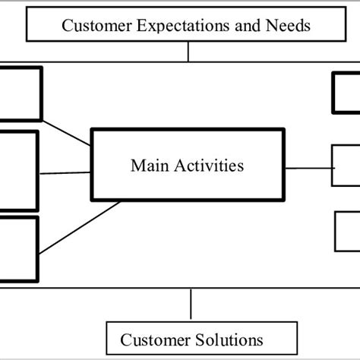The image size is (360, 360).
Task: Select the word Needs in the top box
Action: click(289, 26)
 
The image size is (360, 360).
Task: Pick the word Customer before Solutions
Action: click(150, 339)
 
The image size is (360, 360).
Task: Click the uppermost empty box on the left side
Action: click(20, 93)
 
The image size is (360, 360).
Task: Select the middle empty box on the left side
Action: click(17, 171)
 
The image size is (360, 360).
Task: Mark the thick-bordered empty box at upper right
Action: click(346, 93)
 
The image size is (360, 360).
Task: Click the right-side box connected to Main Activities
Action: click(346, 166)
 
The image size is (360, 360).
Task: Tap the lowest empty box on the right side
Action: click(347, 231)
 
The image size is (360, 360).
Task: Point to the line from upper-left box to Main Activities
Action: click(66, 134)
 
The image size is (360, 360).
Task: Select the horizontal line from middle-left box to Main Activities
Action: click(65, 173)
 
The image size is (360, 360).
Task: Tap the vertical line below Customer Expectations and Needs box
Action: click(189, 51)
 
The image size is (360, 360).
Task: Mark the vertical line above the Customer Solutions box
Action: click(191, 305)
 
